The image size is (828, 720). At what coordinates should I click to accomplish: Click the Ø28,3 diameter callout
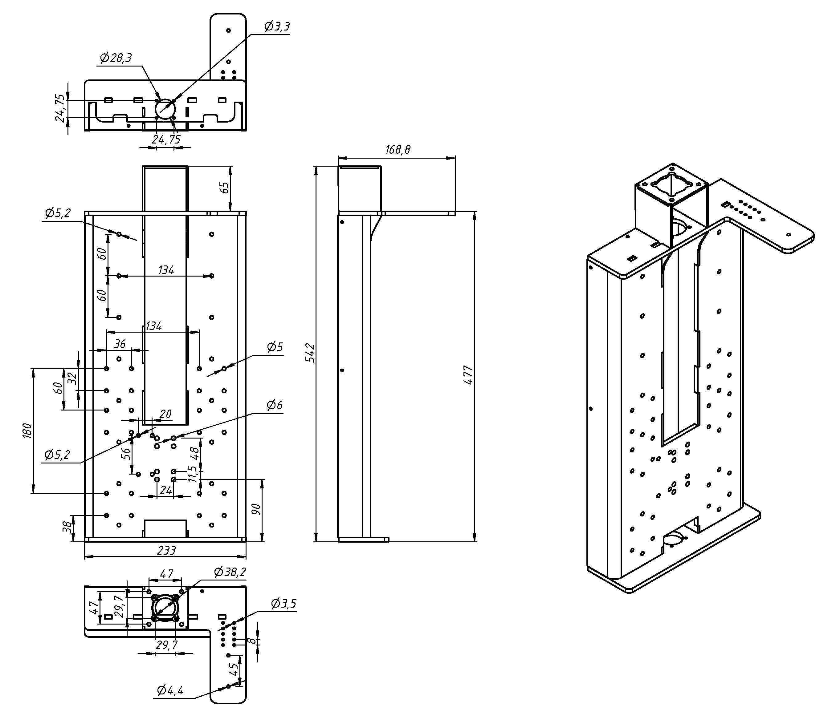pos(116,58)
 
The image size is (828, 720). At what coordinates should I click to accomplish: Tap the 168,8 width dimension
pos(398,150)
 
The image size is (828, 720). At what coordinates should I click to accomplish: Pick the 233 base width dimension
pos(166,550)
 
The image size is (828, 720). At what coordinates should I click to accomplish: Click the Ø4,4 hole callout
pos(170,690)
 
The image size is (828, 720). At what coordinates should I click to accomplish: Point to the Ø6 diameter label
pos(275,405)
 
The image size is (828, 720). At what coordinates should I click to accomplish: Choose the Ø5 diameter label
pos(275,347)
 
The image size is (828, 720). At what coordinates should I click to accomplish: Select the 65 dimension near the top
pos(225,187)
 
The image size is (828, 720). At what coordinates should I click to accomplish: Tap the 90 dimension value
pos(256,509)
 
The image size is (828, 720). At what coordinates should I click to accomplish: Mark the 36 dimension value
pos(120,344)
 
